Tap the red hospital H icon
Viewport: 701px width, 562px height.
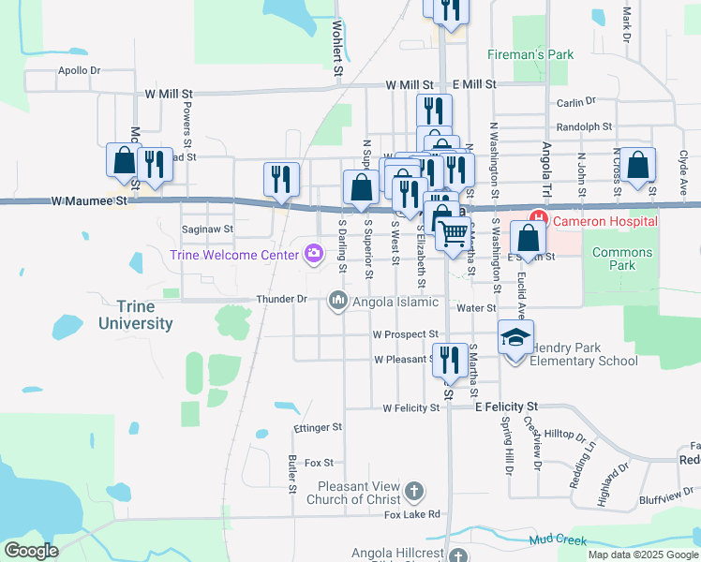pyautogui.click(x=540, y=222)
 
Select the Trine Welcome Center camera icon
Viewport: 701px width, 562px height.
pyautogui.click(x=313, y=254)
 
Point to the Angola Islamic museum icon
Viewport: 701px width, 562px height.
pyautogui.click(x=337, y=301)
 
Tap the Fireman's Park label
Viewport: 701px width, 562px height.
pyautogui.click(x=529, y=55)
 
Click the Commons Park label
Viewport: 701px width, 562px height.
pyautogui.click(x=622, y=259)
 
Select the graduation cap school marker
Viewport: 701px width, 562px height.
pyautogui.click(x=515, y=336)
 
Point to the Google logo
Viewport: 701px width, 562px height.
pyautogui.click(x=31, y=551)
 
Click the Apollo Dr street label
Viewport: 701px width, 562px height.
pyautogui.click(x=79, y=70)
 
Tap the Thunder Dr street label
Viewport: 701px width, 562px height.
pyautogui.click(x=281, y=299)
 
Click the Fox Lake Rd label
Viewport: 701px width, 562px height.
pyautogui.click(x=411, y=514)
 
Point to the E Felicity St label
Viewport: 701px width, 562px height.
pyautogui.click(x=506, y=407)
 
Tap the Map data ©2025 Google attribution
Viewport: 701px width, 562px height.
pyautogui.click(x=643, y=555)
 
